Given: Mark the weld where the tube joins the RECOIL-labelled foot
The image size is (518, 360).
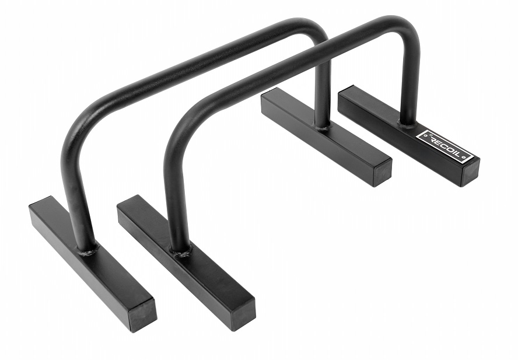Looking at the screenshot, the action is pos(407,123).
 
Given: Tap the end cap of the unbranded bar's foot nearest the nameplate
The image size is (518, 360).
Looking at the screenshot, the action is pos(383,174).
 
